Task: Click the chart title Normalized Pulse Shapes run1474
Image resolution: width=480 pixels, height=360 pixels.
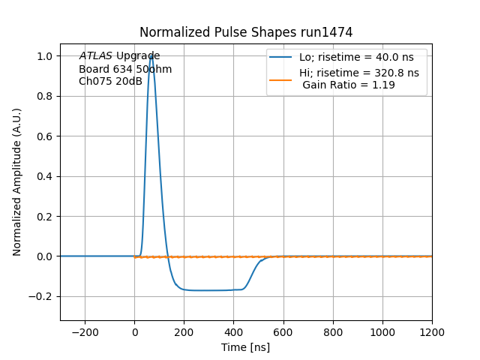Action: click(x=246, y=32)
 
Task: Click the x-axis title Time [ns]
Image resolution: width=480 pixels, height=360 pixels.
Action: click(x=246, y=347)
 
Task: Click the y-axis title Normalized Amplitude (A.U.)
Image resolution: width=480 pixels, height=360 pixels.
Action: click(x=17, y=181)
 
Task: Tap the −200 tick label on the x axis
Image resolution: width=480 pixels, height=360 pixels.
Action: click(x=85, y=331)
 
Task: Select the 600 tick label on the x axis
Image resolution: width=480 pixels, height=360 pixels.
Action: click(x=283, y=331)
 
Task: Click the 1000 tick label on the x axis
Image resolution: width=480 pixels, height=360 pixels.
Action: click(x=382, y=331)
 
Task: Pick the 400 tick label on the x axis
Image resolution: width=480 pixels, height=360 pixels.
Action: click(x=234, y=331)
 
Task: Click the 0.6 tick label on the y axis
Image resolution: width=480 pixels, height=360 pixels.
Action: click(x=46, y=136)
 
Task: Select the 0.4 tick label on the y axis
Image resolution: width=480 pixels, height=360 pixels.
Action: click(x=46, y=176)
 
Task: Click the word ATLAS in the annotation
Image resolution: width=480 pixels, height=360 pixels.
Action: click(x=95, y=56)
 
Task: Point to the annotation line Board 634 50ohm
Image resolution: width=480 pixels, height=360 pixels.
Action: click(x=125, y=69)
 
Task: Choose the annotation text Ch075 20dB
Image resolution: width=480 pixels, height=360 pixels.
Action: click(x=110, y=81)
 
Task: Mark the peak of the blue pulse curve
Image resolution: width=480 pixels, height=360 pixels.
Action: click(x=151, y=56)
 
